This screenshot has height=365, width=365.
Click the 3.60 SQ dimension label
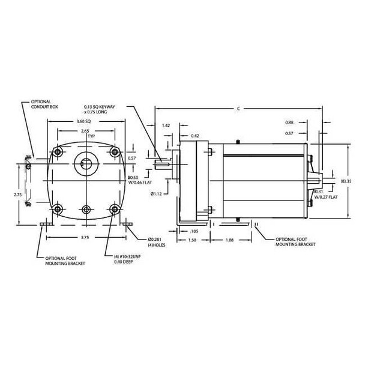pos(83,121)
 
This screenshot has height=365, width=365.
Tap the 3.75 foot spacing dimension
pos(85,238)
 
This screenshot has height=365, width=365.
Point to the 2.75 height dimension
pos(17,195)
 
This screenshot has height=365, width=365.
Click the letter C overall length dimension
pos(238,109)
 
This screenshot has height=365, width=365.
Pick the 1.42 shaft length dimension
pos(166,125)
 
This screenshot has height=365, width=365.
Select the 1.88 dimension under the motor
pos(229,240)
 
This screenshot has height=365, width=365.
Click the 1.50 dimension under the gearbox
pos(192,240)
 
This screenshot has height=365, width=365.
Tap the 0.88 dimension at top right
pos(289,122)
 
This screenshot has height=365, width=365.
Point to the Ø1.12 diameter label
pos(156,194)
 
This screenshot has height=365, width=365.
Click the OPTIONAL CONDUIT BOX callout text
pos(44,104)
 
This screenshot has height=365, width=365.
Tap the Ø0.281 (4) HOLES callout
pos(157,242)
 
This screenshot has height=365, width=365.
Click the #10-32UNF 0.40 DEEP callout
pos(127,259)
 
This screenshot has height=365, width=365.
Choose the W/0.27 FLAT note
pos(326,197)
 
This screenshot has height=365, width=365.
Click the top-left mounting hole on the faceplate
pos(58,152)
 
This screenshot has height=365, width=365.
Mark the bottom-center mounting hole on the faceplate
pos(86,210)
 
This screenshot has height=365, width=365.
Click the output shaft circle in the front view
pos(86,163)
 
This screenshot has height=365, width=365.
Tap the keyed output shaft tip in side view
pos(161,164)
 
